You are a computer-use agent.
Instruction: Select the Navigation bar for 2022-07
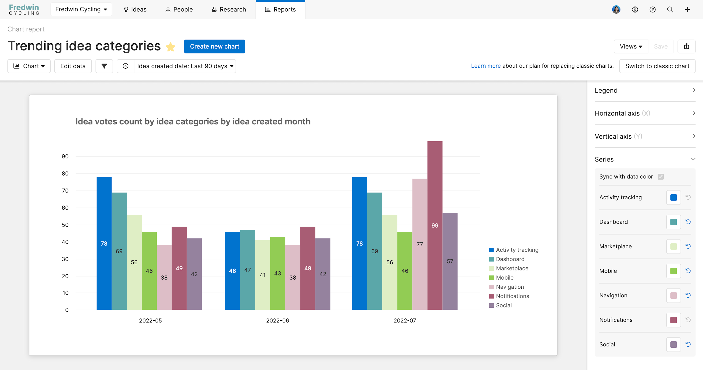(420, 244)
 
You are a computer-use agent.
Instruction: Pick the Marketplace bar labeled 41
(262, 275)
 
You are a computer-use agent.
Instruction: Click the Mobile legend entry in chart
(504, 277)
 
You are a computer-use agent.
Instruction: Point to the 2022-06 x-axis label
(277, 320)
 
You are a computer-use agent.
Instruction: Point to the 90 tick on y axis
(65, 156)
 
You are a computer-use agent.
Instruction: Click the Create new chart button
(214, 46)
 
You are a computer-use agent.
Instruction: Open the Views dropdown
(631, 46)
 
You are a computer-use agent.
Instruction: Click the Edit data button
(73, 66)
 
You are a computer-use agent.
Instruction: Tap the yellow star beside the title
(171, 47)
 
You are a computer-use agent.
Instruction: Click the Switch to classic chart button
(657, 66)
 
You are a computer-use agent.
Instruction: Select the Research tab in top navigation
(229, 10)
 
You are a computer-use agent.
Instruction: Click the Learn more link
(486, 66)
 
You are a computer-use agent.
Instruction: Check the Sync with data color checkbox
(660, 176)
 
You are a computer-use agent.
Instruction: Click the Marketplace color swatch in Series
(673, 247)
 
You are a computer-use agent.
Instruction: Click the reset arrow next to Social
(688, 344)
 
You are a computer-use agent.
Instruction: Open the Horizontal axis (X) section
(645, 113)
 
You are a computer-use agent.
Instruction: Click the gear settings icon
(635, 10)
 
